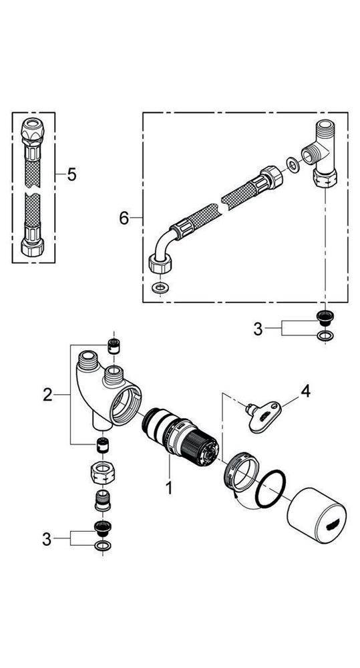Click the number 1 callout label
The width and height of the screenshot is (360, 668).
[x=170, y=488]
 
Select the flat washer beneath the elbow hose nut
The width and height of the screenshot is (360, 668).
[x=159, y=288]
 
